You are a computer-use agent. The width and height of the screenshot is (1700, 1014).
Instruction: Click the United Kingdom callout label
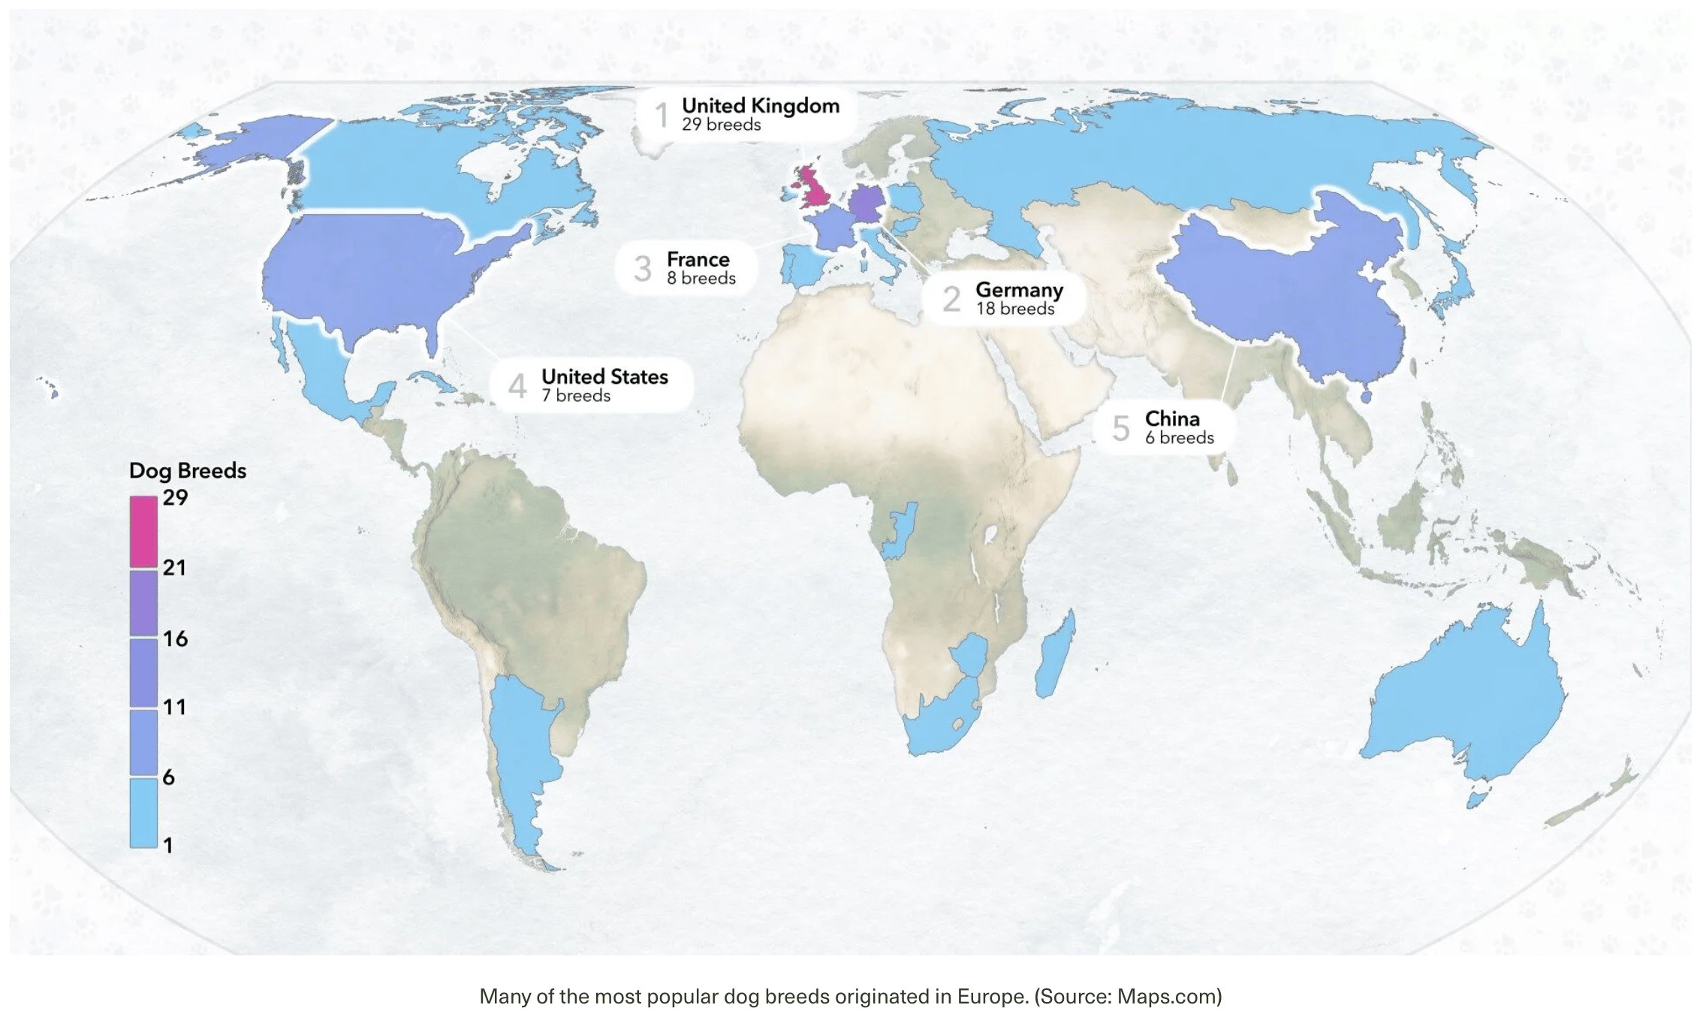[x=759, y=114]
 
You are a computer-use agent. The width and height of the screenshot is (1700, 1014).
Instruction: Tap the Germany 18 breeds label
[x=1018, y=299]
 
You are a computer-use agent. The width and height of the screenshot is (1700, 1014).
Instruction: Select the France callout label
[x=698, y=268]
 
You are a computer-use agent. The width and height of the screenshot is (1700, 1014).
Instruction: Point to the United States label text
[x=604, y=377]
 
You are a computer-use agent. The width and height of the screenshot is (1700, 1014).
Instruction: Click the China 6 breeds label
[x=1178, y=427]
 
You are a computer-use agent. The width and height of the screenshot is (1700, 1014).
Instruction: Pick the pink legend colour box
[x=143, y=531]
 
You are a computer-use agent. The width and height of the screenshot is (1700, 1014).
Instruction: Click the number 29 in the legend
[x=175, y=497]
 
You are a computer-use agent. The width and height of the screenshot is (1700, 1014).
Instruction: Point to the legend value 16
[x=175, y=638]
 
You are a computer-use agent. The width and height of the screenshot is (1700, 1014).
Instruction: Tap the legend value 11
[x=174, y=707]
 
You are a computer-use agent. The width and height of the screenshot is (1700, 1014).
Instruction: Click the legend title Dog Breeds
[x=188, y=471]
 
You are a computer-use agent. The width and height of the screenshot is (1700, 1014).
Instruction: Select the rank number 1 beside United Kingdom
[x=662, y=116]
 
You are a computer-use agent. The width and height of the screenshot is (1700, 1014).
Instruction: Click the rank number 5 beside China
[x=1120, y=429]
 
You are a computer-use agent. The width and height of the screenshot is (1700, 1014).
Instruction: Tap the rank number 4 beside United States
[x=517, y=386]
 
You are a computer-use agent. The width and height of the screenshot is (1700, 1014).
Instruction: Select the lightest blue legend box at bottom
[x=143, y=813]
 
